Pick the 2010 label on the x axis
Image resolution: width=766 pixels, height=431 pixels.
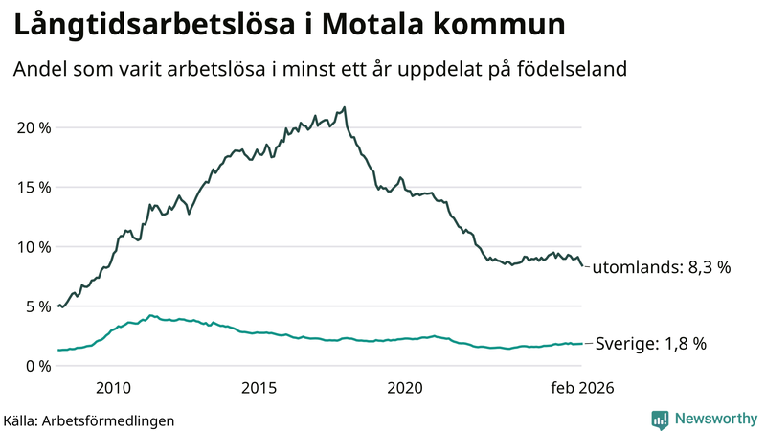click(113, 388)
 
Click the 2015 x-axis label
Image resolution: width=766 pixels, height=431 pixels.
click(259, 388)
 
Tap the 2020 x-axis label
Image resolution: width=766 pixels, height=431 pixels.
click(404, 388)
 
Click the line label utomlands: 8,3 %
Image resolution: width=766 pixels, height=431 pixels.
click(661, 268)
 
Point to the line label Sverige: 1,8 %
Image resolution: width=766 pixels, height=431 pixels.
click(651, 344)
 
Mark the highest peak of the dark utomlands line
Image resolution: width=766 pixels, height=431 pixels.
click(345, 107)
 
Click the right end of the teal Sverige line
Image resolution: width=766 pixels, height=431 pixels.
click(581, 344)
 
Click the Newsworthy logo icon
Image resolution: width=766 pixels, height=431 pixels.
click(660, 419)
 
